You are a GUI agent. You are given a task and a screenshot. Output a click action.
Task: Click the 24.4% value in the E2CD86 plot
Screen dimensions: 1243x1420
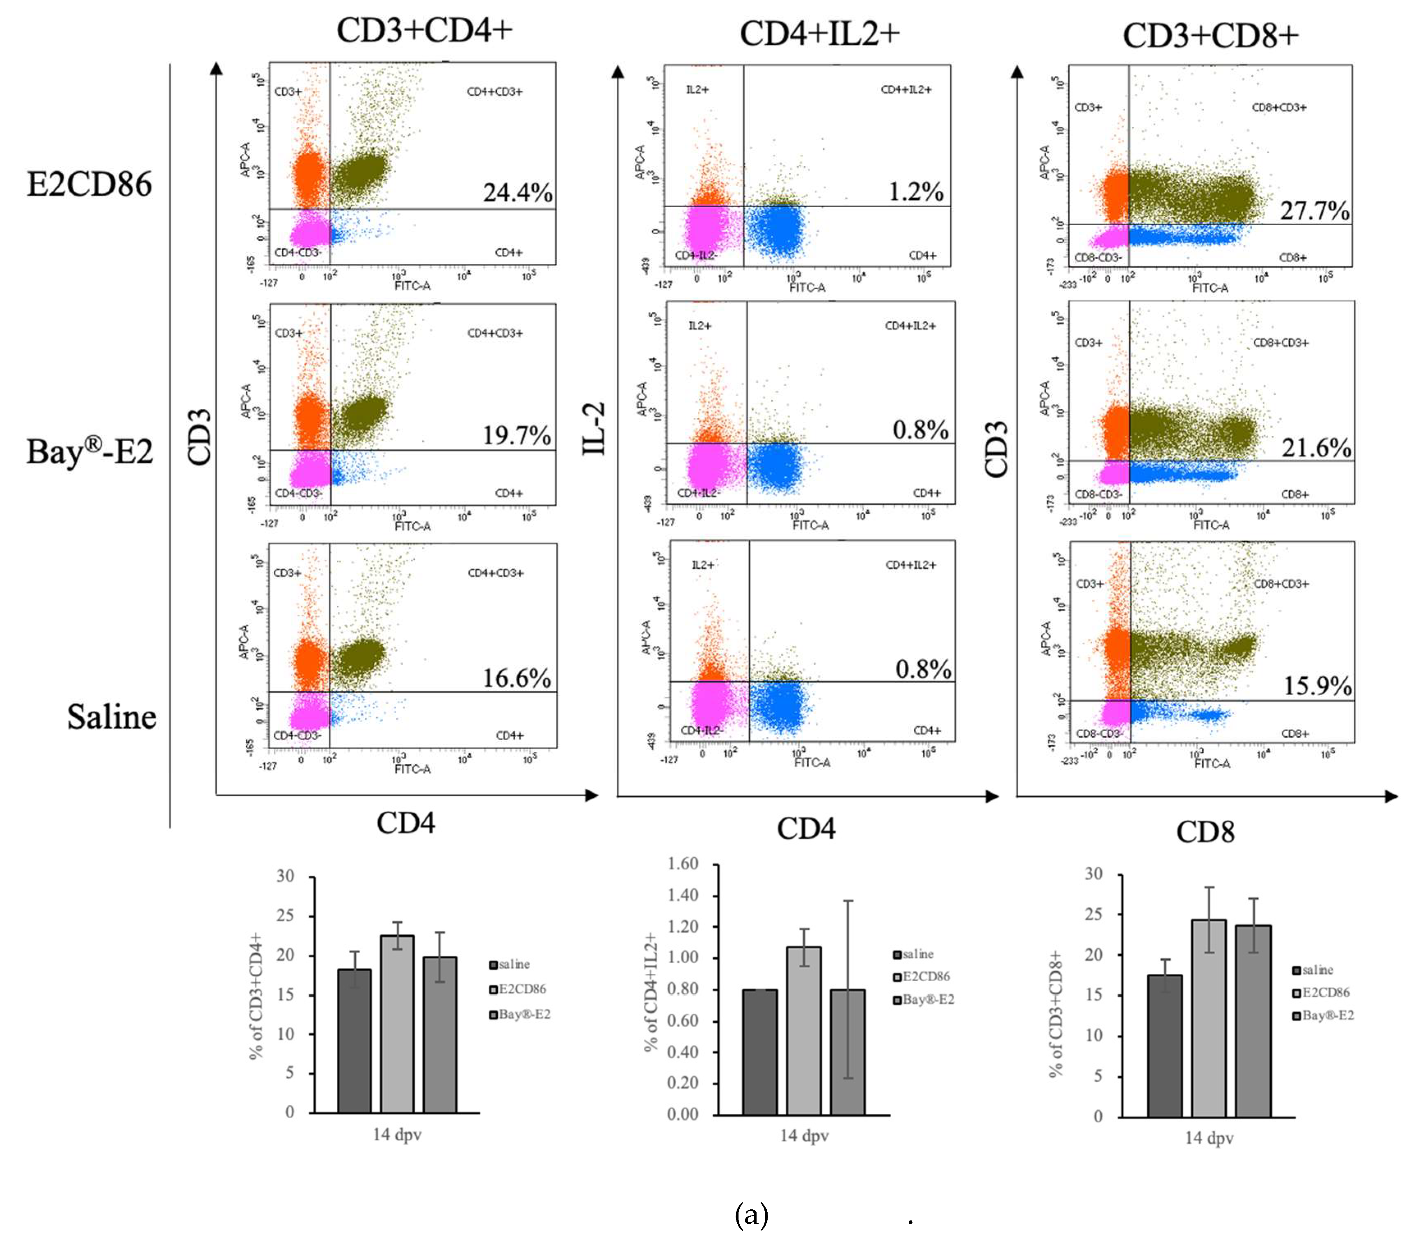point(517,192)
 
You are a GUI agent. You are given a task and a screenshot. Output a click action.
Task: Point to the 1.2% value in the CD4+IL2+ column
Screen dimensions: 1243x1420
point(916,192)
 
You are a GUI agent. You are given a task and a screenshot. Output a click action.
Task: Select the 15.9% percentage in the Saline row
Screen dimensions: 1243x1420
point(1317,686)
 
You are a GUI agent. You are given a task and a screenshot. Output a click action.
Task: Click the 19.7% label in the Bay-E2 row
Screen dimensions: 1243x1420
point(517,435)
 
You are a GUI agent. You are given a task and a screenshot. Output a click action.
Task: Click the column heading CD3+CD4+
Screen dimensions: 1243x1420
point(424,30)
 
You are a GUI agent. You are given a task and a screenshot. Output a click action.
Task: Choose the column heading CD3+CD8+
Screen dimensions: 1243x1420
point(1210,35)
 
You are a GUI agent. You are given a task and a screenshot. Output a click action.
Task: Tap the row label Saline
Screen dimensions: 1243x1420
point(111,716)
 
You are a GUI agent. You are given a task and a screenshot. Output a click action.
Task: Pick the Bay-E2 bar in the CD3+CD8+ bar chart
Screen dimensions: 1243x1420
point(1253,1020)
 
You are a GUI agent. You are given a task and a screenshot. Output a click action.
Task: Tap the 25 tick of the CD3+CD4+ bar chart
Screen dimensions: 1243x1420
point(286,916)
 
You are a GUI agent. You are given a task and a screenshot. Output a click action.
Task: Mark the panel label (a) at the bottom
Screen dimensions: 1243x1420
point(751,1214)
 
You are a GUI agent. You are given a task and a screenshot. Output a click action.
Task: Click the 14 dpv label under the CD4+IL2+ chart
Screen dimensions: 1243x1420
point(804,1135)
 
